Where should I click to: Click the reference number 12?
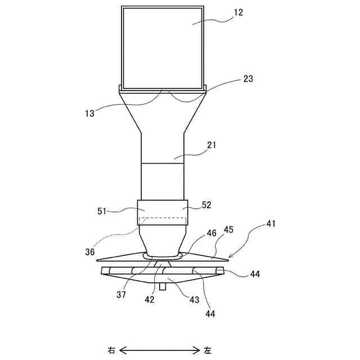tap(238, 12)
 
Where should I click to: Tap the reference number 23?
tap(248, 79)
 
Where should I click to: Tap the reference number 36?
tap(91, 252)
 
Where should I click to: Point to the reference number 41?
tap(271, 224)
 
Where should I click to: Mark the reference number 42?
tap(150, 300)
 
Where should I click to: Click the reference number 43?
tap(194, 300)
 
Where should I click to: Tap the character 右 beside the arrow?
tap(111, 350)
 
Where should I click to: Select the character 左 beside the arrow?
tap(208, 350)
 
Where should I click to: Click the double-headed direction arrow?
tap(160, 350)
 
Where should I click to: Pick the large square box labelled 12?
tap(163, 48)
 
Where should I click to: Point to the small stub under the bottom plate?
tap(163, 286)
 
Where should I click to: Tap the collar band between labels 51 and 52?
tap(163, 213)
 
